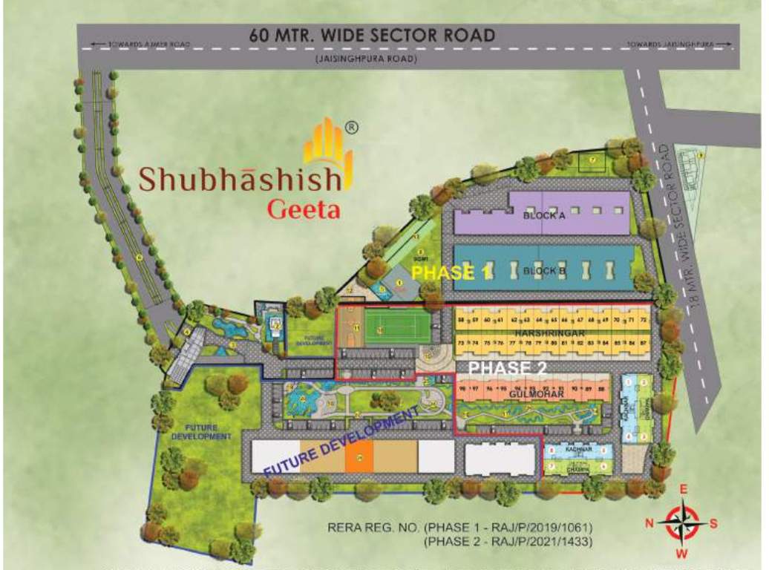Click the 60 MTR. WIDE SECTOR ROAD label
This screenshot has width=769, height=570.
pyautogui.click(x=372, y=35)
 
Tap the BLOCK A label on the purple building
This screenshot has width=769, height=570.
pyautogui.click(x=544, y=216)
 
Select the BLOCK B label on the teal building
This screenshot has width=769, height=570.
pyautogui.click(x=544, y=271)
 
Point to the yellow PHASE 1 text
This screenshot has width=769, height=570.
pyautogui.click(x=451, y=272)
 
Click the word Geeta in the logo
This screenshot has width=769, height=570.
pyautogui.click(x=304, y=209)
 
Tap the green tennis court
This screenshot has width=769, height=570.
pyautogui.click(x=397, y=326)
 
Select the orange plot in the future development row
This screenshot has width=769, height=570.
pyautogui.click(x=359, y=455)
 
